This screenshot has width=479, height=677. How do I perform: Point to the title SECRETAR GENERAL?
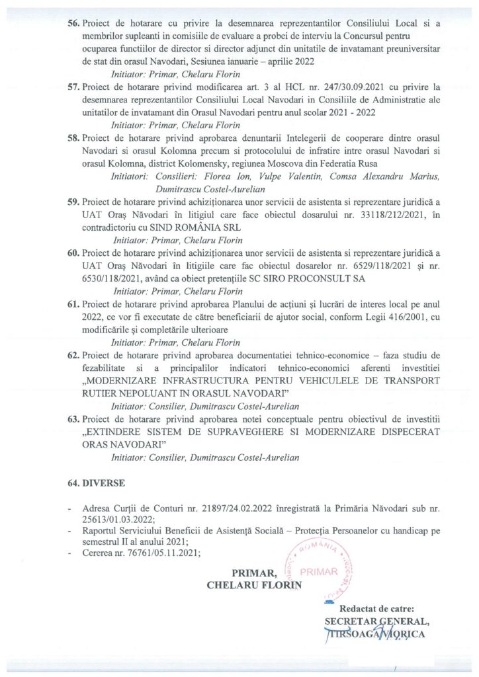[x=375, y=621]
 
